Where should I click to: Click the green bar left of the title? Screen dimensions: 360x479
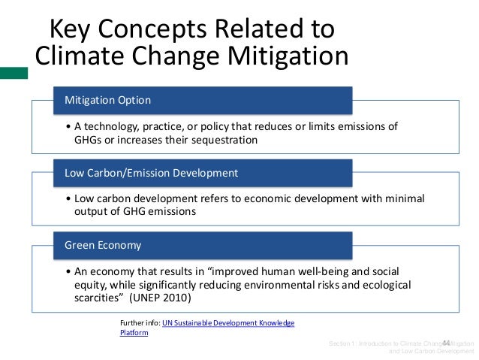(14, 73)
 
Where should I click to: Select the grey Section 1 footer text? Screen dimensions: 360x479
(402, 346)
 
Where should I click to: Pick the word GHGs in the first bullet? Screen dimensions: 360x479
(90, 140)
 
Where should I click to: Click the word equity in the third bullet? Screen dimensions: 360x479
(91, 284)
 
